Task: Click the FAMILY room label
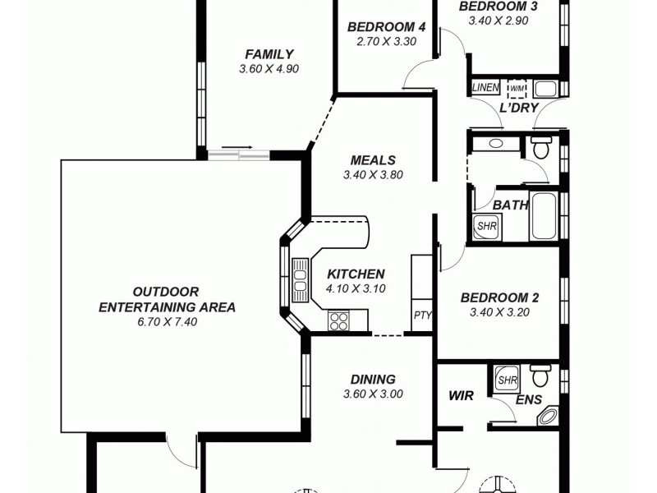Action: pos(269,55)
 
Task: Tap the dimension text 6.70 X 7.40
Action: pos(167,322)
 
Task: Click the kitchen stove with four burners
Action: pos(338,320)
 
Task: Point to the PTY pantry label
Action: pos(422,315)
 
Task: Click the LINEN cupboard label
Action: pos(485,87)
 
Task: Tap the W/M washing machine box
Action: pos(517,87)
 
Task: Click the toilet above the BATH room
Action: pos(540,149)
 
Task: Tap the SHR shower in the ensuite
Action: pos(507,380)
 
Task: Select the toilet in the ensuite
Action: pos(540,377)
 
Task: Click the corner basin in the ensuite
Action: pos(548,417)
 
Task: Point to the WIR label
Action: pos(461,396)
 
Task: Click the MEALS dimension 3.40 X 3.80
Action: pos(372,175)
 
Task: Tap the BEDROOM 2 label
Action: pos(498,297)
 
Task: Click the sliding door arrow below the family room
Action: pos(237,149)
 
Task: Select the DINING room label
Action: pos(373,380)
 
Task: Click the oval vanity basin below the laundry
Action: pos(495,144)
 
